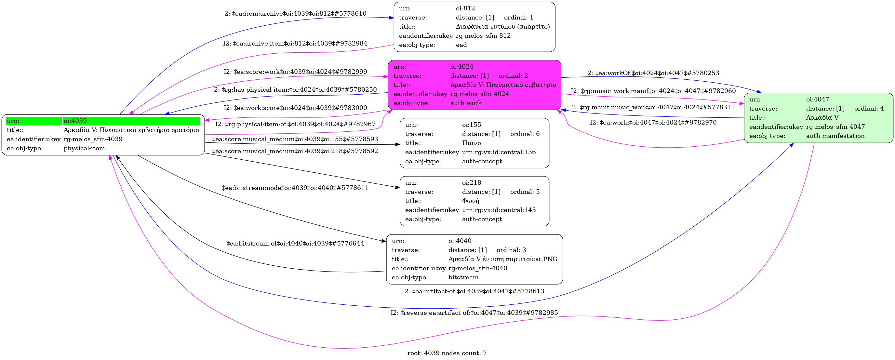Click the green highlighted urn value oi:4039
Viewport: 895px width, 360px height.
pyautogui.click(x=75, y=121)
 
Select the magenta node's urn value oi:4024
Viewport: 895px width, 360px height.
pyautogui.click(x=462, y=66)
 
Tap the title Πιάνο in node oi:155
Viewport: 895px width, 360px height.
pyautogui.click(x=472, y=143)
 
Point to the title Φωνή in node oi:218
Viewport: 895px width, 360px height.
pyautogui.click(x=471, y=201)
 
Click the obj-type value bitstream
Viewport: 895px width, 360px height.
pyautogui.click(x=463, y=277)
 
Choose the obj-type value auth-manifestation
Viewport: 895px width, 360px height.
pyautogui.click(x=835, y=136)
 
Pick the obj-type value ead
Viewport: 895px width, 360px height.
pyautogui.click(x=461, y=45)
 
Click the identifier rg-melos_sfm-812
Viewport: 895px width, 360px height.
pyautogui.click(x=483, y=35)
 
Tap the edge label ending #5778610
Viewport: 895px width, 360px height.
pyautogui.click(x=295, y=14)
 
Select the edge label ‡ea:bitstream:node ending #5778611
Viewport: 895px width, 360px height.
pyautogui.click(x=295, y=188)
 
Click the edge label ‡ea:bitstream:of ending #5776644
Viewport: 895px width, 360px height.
pyautogui.click(x=295, y=244)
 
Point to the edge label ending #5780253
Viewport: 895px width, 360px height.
pyautogui.click(x=653, y=73)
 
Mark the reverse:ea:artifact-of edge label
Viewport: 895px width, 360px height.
pyautogui.click(x=474, y=313)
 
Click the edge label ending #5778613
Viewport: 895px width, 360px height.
pyautogui.click(x=474, y=291)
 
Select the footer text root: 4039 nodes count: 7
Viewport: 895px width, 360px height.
pyautogui.click(x=447, y=353)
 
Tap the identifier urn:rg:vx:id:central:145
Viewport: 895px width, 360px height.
pyautogui.click(x=499, y=210)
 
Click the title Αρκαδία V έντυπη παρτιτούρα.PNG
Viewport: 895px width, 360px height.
pyautogui.click(x=503, y=259)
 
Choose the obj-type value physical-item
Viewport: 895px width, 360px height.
pyautogui.click(x=84, y=148)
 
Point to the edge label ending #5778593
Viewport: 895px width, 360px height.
pyautogui.click(x=295, y=139)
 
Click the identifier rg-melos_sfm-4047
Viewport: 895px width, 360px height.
pyautogui.click(x=835, y=127)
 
